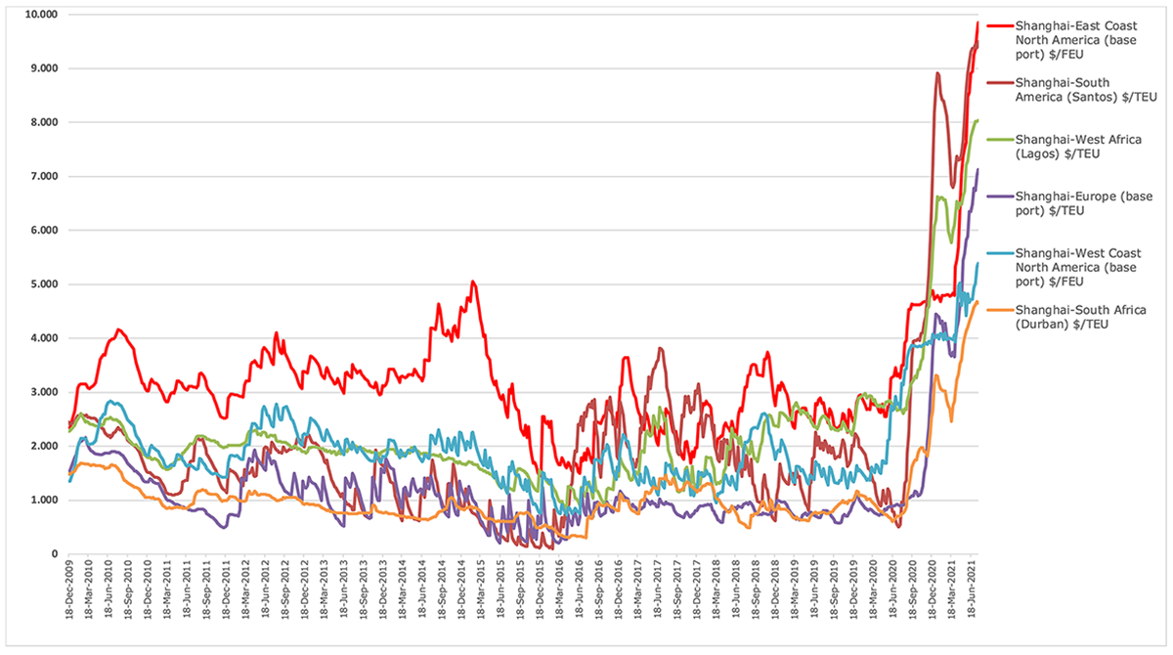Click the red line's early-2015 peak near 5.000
click(473, 283)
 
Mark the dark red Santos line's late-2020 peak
click(937, 73)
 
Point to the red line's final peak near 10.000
click(977, 22)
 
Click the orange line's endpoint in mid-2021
click(977, 302)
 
